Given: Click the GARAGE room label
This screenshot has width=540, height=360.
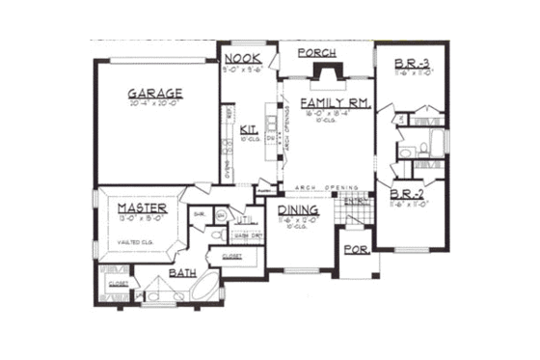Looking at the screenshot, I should point(155,94).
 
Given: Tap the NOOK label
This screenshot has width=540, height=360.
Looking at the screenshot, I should point(237,59).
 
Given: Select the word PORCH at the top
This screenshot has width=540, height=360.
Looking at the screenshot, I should point(316,52).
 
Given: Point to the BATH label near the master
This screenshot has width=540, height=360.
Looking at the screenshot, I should point(184,274).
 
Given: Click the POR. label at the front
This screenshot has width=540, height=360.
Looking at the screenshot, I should point(354,252).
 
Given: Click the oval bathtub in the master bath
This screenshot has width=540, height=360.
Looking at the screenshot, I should point(204,288).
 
